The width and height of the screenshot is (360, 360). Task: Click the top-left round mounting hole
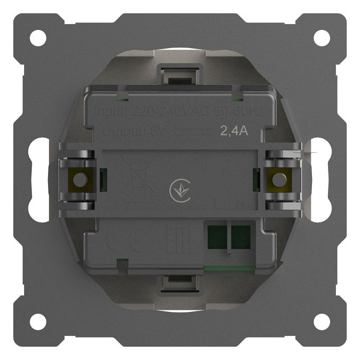38,37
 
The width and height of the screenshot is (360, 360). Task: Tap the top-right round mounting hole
322,37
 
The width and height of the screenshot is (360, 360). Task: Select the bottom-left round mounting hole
38,322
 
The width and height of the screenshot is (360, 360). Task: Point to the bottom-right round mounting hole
322,322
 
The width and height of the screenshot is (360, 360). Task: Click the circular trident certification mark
179,191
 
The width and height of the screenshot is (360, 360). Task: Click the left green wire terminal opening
217,236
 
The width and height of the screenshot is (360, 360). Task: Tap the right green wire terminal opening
241,236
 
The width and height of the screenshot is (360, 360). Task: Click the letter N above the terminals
241,204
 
